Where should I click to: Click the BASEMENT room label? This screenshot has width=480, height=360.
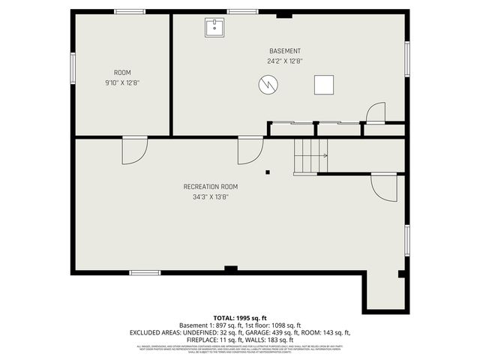click(x=284, y=51)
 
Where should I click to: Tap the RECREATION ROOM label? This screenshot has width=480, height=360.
click(x=211, y=187)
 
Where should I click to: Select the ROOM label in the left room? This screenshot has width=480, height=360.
click(x=122, y=73)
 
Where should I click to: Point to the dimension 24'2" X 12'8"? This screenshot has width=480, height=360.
click(x=284, y=61)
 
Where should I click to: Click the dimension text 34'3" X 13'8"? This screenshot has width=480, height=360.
click(x=211, y=197)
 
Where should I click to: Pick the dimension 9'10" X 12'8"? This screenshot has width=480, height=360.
click(x=122, y=82)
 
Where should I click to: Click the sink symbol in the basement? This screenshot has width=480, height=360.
click(x=214, y=28)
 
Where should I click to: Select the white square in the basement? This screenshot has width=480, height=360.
click(x=324, y=85)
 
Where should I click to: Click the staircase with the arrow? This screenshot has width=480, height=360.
click(x=310, y=156)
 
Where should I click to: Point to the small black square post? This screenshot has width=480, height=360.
click(x=268, y=172)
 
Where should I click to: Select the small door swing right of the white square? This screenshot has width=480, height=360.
click(x=375, y=112)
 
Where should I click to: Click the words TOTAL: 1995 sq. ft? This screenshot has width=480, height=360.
click(x=239, y=318)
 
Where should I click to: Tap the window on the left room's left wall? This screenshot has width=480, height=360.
click(x=73, y=67)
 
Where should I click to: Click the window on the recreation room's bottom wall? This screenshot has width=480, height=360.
click(x=145, y=272)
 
